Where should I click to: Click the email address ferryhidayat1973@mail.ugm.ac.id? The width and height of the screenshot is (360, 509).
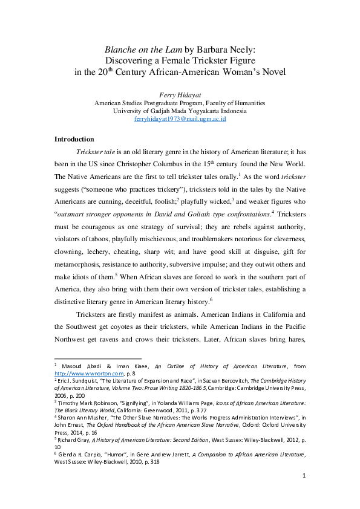pyautogui.click(x=180, y=120)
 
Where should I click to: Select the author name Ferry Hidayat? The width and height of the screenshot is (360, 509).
pyautogui.click(x=180, y=95)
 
